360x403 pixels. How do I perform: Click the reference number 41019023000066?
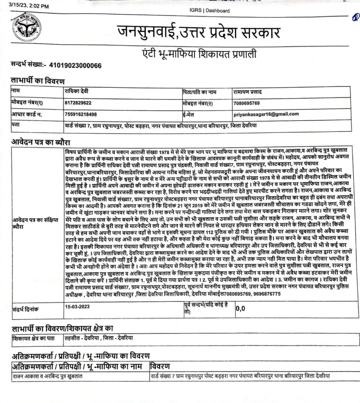click(75, 65)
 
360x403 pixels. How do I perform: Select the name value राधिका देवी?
click(77, 91)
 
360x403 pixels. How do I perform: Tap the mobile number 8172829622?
click(78, 103)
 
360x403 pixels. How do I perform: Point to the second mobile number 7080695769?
click(246, 103)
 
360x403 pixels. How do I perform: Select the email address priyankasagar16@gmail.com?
click(266, 114)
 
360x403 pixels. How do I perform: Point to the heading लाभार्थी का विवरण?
click(37, 81)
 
